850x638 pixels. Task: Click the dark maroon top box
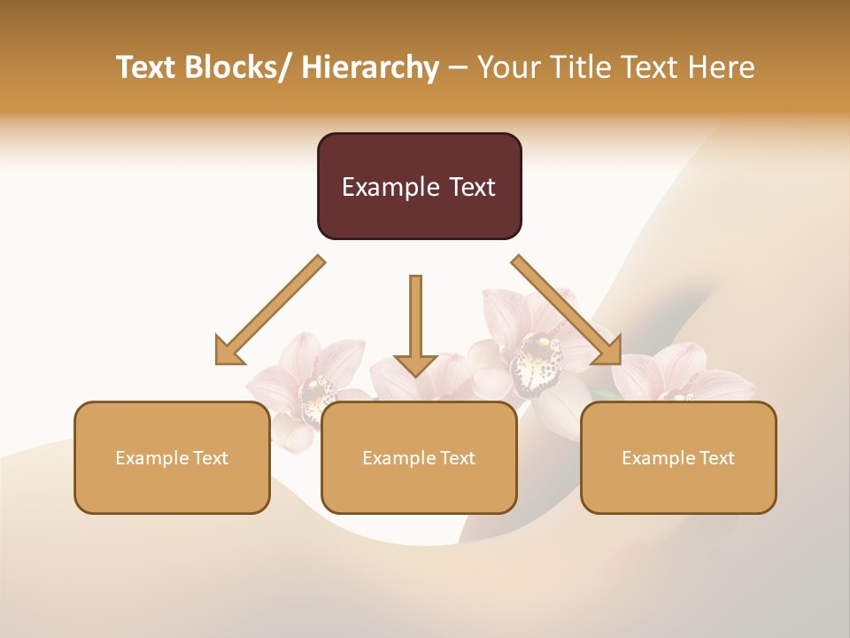coord(419,186)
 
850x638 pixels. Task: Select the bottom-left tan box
coord(172,457)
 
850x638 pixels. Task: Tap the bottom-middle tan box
coord(419,457)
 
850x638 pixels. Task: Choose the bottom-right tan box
coord(678,457)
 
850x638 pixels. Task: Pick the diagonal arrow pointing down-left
coord(270,310)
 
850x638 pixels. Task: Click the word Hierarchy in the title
coord(370,67)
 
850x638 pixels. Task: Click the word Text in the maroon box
coord(468,187)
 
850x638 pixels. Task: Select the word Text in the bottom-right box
coord(716,458)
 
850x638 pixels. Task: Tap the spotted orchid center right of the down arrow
coord(536,363)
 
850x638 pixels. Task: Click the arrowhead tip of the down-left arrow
coord(218,362)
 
